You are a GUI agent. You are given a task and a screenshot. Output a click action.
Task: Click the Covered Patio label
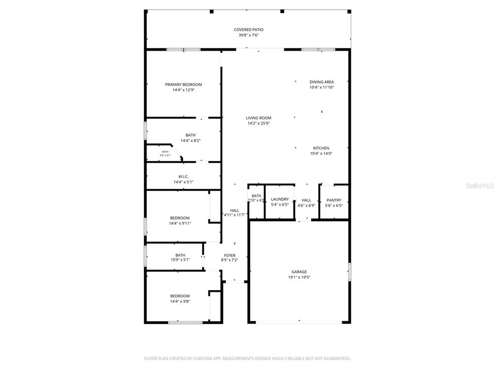(x=248, y=29)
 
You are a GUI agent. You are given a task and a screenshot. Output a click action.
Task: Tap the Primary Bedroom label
(x=183, y=85)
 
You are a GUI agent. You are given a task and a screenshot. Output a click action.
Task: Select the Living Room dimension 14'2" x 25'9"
(x=259, y=124)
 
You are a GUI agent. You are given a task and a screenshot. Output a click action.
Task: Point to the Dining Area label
(x=321, y=82)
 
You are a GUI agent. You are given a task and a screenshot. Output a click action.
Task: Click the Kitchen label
(x=321, y=148)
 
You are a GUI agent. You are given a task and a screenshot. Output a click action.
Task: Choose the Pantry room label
(x=334, y=200)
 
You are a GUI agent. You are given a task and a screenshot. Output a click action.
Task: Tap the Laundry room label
(x=280, y=199)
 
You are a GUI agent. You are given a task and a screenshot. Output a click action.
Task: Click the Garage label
(x=299, y=272)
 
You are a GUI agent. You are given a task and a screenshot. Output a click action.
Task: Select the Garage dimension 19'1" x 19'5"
(x=299, y=277)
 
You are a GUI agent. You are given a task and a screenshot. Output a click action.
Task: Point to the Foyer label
(x=230, y=256)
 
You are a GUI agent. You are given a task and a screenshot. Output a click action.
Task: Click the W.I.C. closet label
(x=183, y=176)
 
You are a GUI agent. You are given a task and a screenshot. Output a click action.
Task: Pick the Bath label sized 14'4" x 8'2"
(x=190, y=135)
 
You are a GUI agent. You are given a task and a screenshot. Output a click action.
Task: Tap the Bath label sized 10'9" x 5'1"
(x=180, y=255)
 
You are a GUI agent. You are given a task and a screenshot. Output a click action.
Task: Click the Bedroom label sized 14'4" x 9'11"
(x=180, y=218)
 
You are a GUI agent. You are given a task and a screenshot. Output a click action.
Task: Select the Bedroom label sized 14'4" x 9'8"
(x=180, y=296)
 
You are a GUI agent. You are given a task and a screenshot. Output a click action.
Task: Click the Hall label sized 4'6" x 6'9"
(x=306, y=200)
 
